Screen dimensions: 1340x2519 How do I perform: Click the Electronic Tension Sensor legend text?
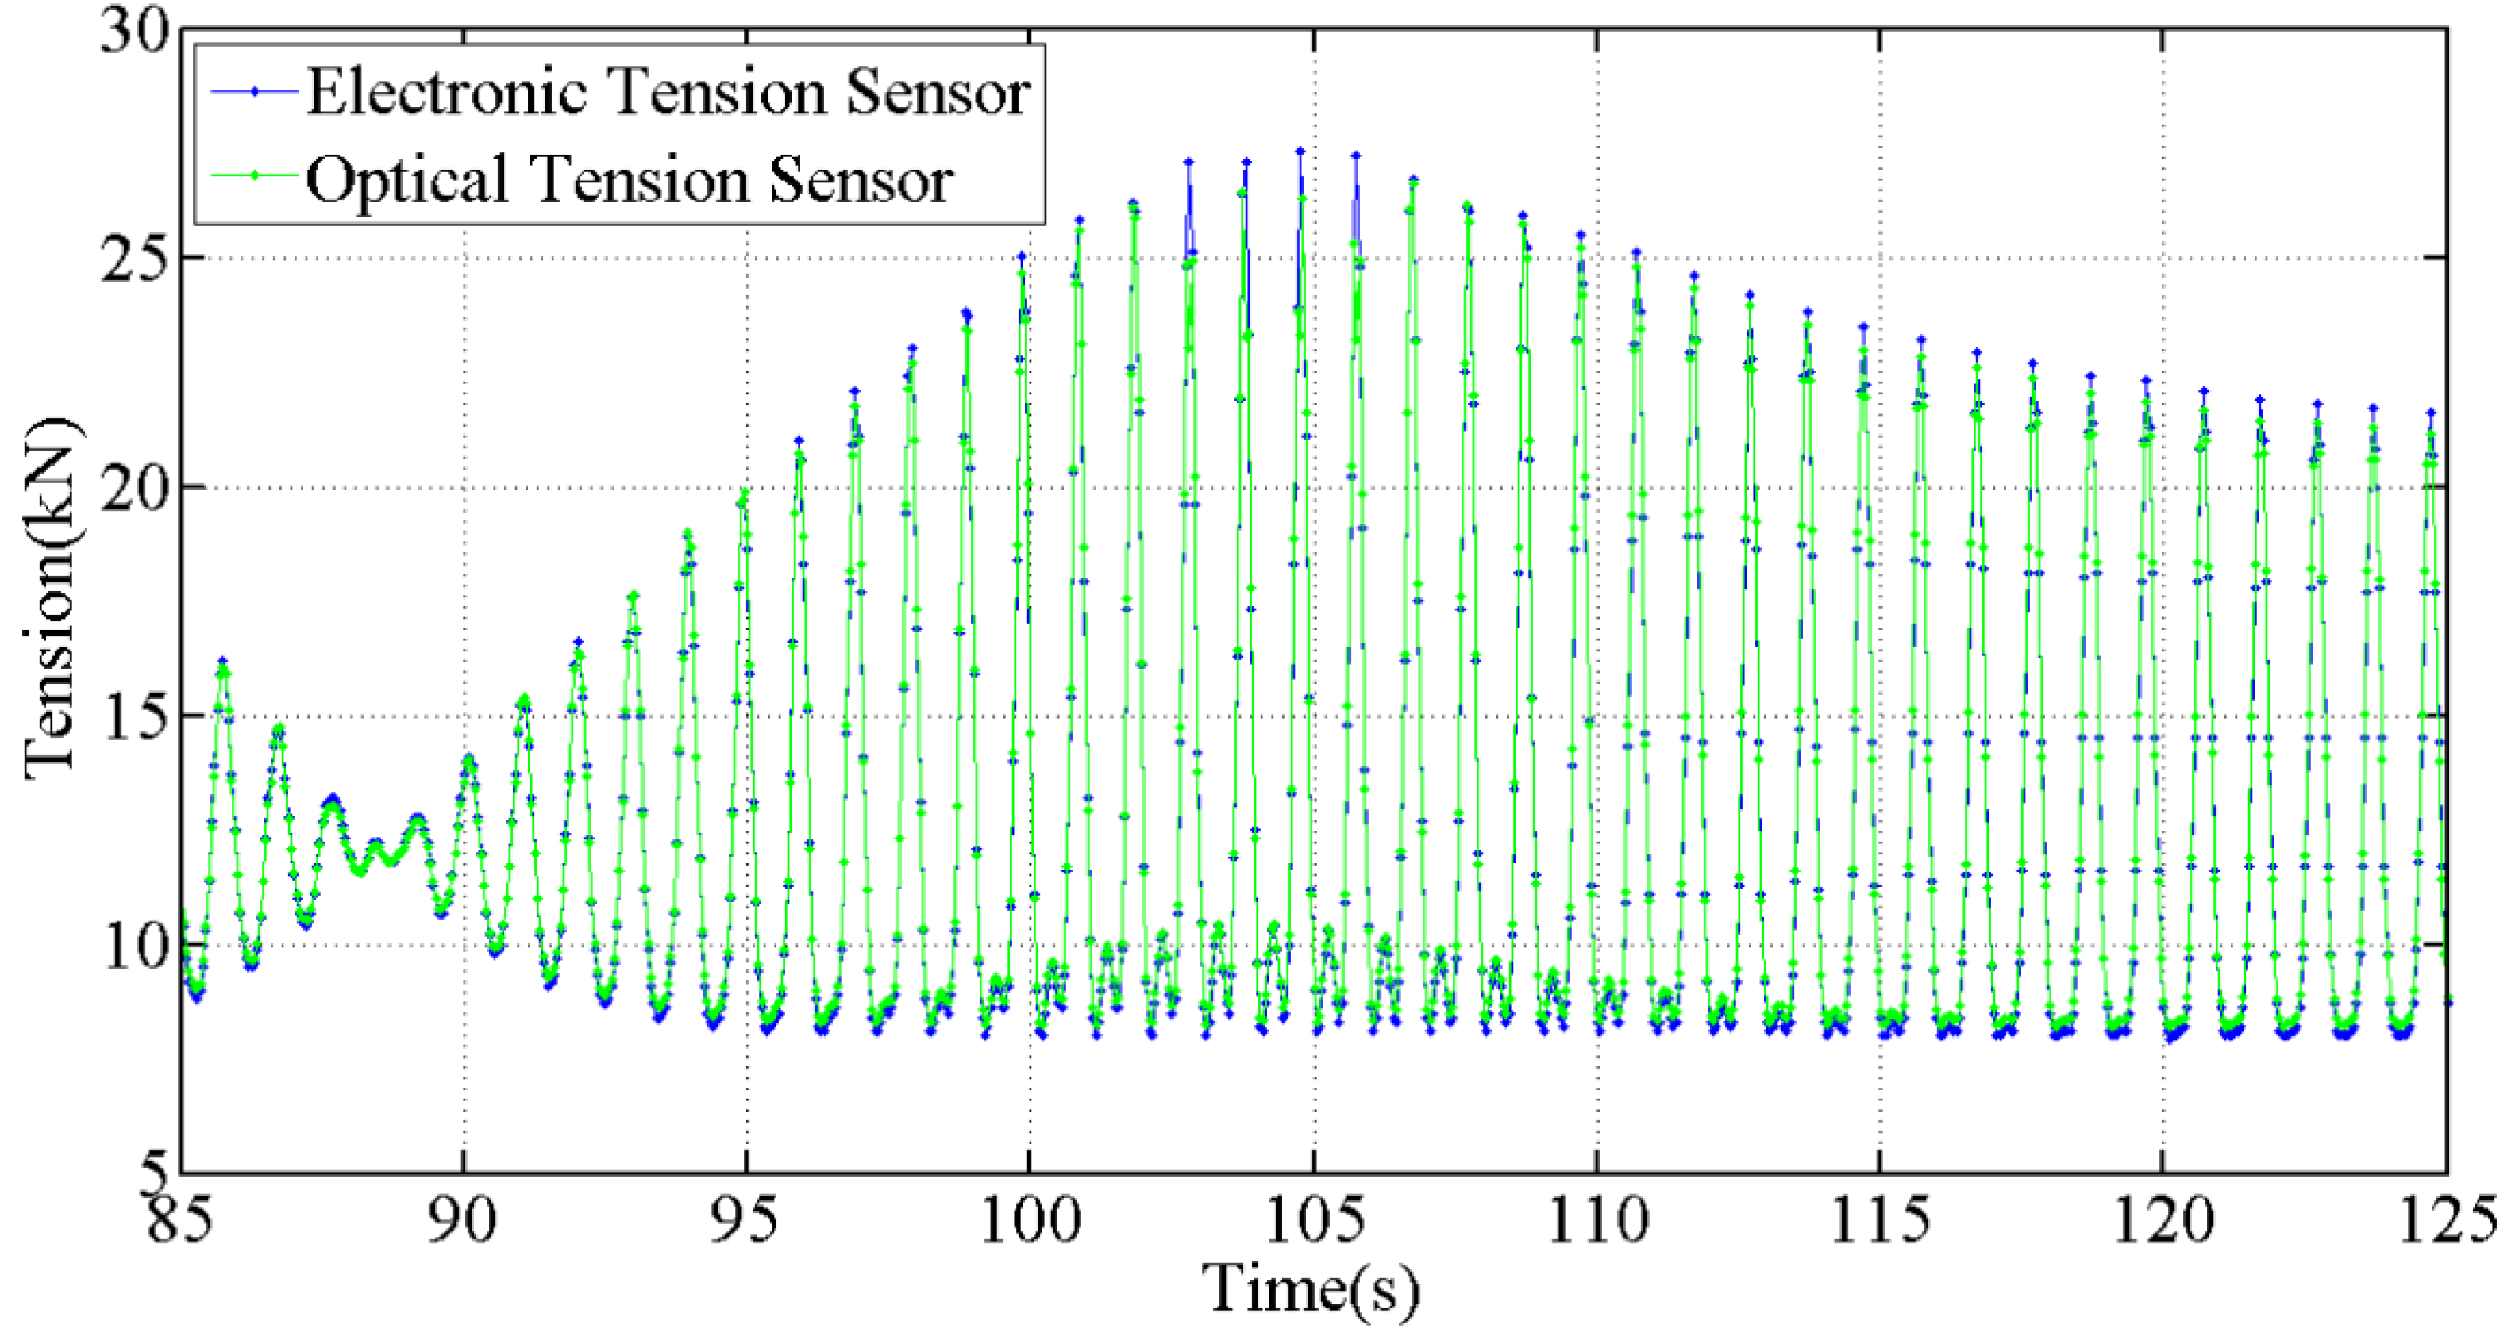tap(668, 93)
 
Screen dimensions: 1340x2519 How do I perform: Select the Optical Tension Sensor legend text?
tap(629, 180)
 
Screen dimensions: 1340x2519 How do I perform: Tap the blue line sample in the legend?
tap(253, 92)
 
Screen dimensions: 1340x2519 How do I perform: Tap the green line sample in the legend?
tap(253, 176)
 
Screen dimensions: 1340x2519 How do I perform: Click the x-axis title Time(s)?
tap(1311, 1288)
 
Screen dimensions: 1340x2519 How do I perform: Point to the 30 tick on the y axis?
tap(135, 31)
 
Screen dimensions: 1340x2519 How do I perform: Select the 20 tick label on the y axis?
tap(135, 488)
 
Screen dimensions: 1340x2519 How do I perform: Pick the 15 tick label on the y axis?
tap(135, 716)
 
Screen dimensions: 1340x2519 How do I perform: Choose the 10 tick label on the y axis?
tap(135, 945)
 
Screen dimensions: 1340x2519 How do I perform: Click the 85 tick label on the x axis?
tap(180, 1219)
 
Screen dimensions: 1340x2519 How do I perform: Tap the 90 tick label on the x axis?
tap(463, 1219)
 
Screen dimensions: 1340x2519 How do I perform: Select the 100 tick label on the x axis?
tap(1030, 1219)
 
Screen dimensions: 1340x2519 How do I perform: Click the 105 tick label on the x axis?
tap(1313, 1219)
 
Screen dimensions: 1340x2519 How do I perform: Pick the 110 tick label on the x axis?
tap(1597, 1219)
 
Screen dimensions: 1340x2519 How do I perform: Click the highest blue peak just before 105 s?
tap(1300, 152)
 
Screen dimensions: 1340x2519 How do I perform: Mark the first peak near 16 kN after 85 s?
tap(222, 662)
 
